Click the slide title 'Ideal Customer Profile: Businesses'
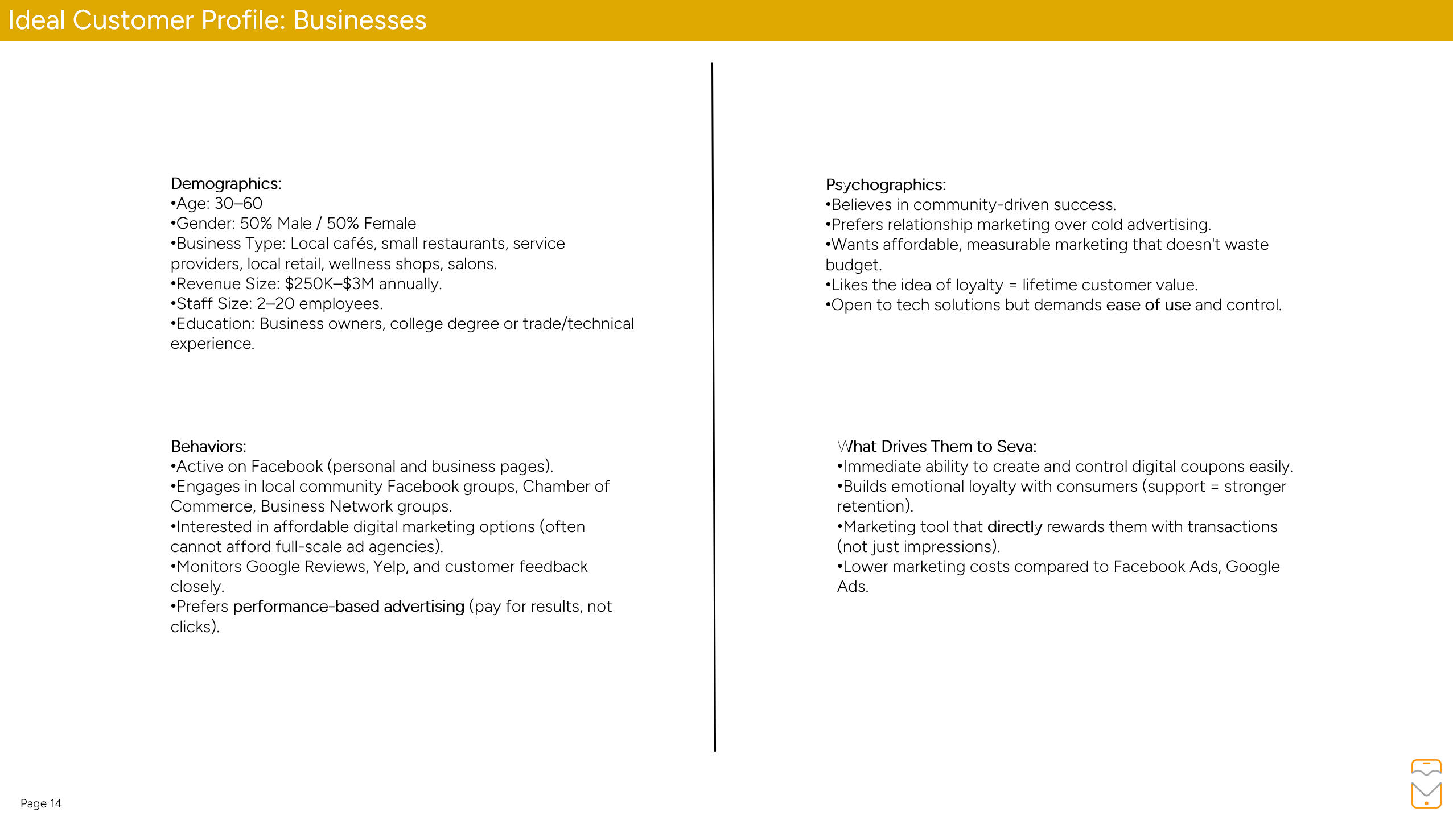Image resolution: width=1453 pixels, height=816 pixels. point(217,20)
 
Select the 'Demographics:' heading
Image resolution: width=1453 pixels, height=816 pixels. point(226,184)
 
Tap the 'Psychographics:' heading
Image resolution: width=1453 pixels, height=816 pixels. point(886,185)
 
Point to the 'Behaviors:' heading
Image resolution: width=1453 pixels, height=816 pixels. point(208,446)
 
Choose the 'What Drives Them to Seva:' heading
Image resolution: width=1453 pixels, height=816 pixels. point(937,446)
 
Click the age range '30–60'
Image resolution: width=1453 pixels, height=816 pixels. point(238,204)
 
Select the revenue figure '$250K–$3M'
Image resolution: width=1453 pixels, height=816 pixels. point(330,284)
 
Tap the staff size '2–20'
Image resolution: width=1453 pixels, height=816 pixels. point(275,304)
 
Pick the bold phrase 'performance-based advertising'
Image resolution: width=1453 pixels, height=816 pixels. point(348,607)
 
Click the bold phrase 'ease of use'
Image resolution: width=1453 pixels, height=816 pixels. point(1148,305)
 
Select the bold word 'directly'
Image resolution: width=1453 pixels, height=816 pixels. point(1014,527)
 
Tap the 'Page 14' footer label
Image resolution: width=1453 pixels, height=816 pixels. point(41,803)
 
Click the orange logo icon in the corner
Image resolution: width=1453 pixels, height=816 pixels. point(1426,784)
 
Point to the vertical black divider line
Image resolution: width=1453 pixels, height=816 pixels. point(713,407)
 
